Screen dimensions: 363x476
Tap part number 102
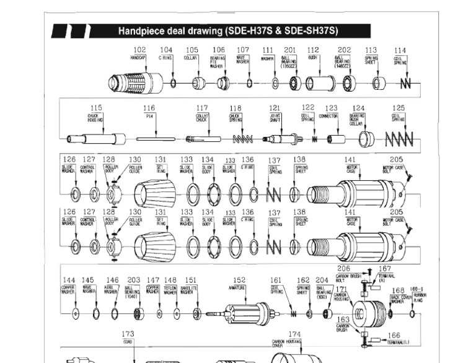(139, 50)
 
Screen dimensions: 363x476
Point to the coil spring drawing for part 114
(406, 83)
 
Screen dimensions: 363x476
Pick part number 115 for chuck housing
(95, 108)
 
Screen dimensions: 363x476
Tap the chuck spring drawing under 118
(242, 139)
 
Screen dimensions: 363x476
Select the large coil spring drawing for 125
(399, 139)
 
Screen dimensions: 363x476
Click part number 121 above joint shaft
(275, 108)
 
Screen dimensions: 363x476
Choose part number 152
(239, 280)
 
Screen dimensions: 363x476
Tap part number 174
(294, 335)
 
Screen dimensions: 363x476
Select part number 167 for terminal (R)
(386, 269)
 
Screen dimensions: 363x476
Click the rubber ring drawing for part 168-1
(413, 314)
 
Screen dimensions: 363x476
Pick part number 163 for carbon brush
(343, 320)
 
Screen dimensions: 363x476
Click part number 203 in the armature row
(133, 281)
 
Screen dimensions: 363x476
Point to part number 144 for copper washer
(69, 281)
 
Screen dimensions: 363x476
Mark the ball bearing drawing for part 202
(349, 83)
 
